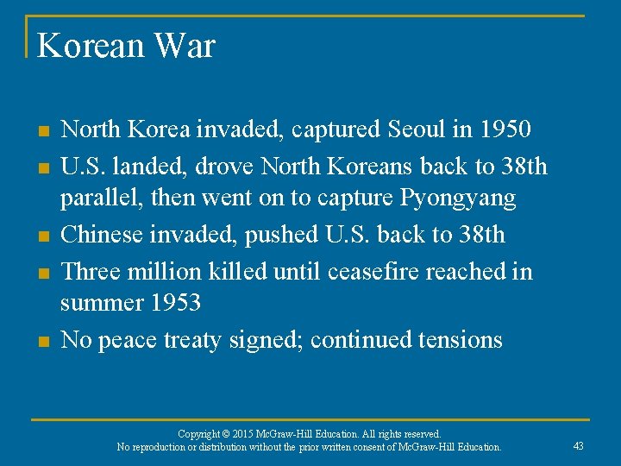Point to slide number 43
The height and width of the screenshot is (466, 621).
tap(578, 445)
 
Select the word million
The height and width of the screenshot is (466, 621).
tap(166, 271)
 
